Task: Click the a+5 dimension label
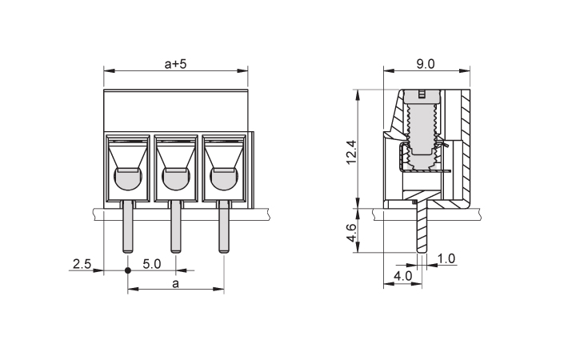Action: coord(175,64)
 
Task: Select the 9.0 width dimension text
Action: coord(426,64)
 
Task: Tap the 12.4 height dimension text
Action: coord(351,152)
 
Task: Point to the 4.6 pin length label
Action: coord(351,233)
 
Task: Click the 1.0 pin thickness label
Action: coord(446,258)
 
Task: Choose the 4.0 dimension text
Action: coord(403,276)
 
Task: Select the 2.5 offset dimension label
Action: coord(82,264)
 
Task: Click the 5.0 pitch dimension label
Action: coord(151,264)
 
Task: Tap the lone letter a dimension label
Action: coord(175,284)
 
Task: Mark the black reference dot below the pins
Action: coord(128,270)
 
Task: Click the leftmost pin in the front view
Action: coord(128,226)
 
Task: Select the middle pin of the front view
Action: coord(176,226)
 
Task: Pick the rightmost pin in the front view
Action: coord(223,226)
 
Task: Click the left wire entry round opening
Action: coord(128,179)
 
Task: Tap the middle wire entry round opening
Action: coord(176,179)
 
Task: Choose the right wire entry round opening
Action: coord(224,179)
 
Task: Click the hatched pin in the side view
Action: coord(422,223)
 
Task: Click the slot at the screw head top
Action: coord(422,94)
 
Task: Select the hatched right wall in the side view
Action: coord(465,145)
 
